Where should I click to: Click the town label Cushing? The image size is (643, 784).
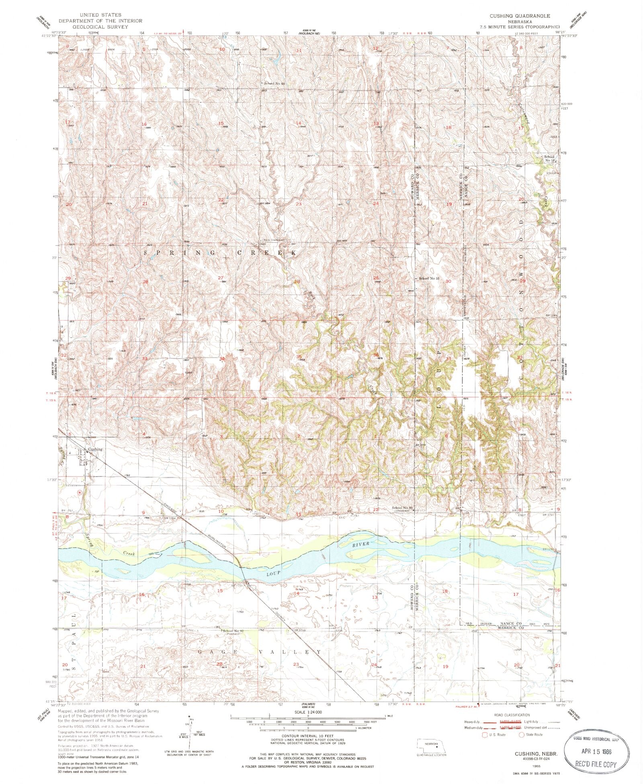pos(95,449)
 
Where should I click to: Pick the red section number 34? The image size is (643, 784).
pos(222,358)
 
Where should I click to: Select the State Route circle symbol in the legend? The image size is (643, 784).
pos(521,735)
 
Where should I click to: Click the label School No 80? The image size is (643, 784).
pos(403,508)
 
